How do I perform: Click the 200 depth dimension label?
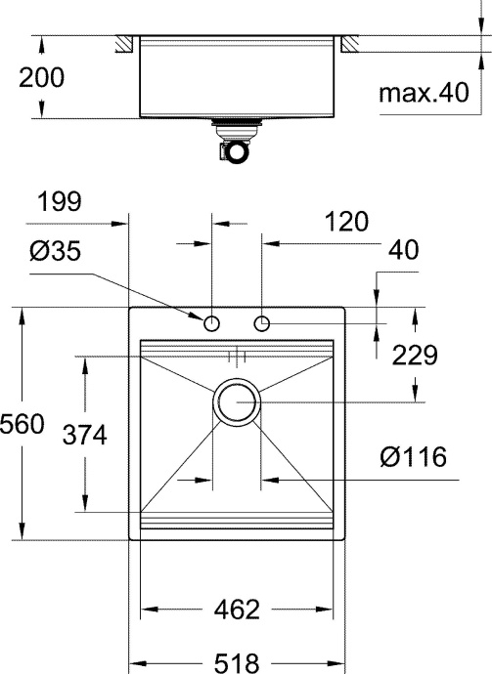pos(42,78)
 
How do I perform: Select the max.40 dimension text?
pos(424,94)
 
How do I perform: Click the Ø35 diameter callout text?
pos(55,252)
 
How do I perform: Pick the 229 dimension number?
pos(414,355)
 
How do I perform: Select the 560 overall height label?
pos(22,426)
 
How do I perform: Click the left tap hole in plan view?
pos(212,323)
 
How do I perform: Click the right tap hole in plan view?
pos(261,323)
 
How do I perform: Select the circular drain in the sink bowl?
pos(237,401)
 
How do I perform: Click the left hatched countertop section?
pos(123,44)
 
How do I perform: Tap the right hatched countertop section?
pos(348,44)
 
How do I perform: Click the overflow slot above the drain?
pos(236,355)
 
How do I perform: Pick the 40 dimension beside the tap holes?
pos(403,251)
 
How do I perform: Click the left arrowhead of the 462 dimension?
pos(148,611)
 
